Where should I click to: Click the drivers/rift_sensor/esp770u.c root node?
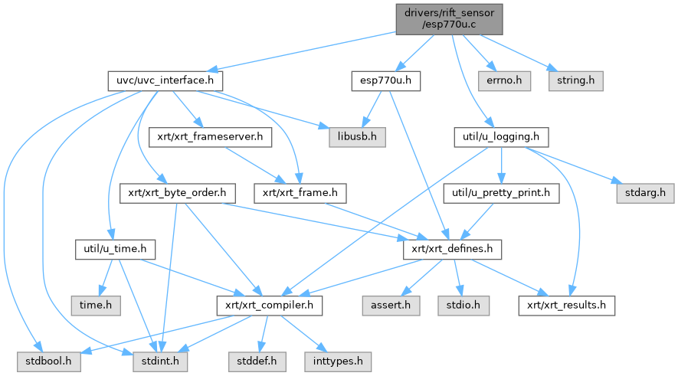(449, 18)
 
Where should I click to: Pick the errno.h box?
(502, 80)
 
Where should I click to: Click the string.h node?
(575, 80)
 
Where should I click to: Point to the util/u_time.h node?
(116, 249)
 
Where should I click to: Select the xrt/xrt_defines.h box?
(452, 249)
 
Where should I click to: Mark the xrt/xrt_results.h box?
(567, 306)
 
